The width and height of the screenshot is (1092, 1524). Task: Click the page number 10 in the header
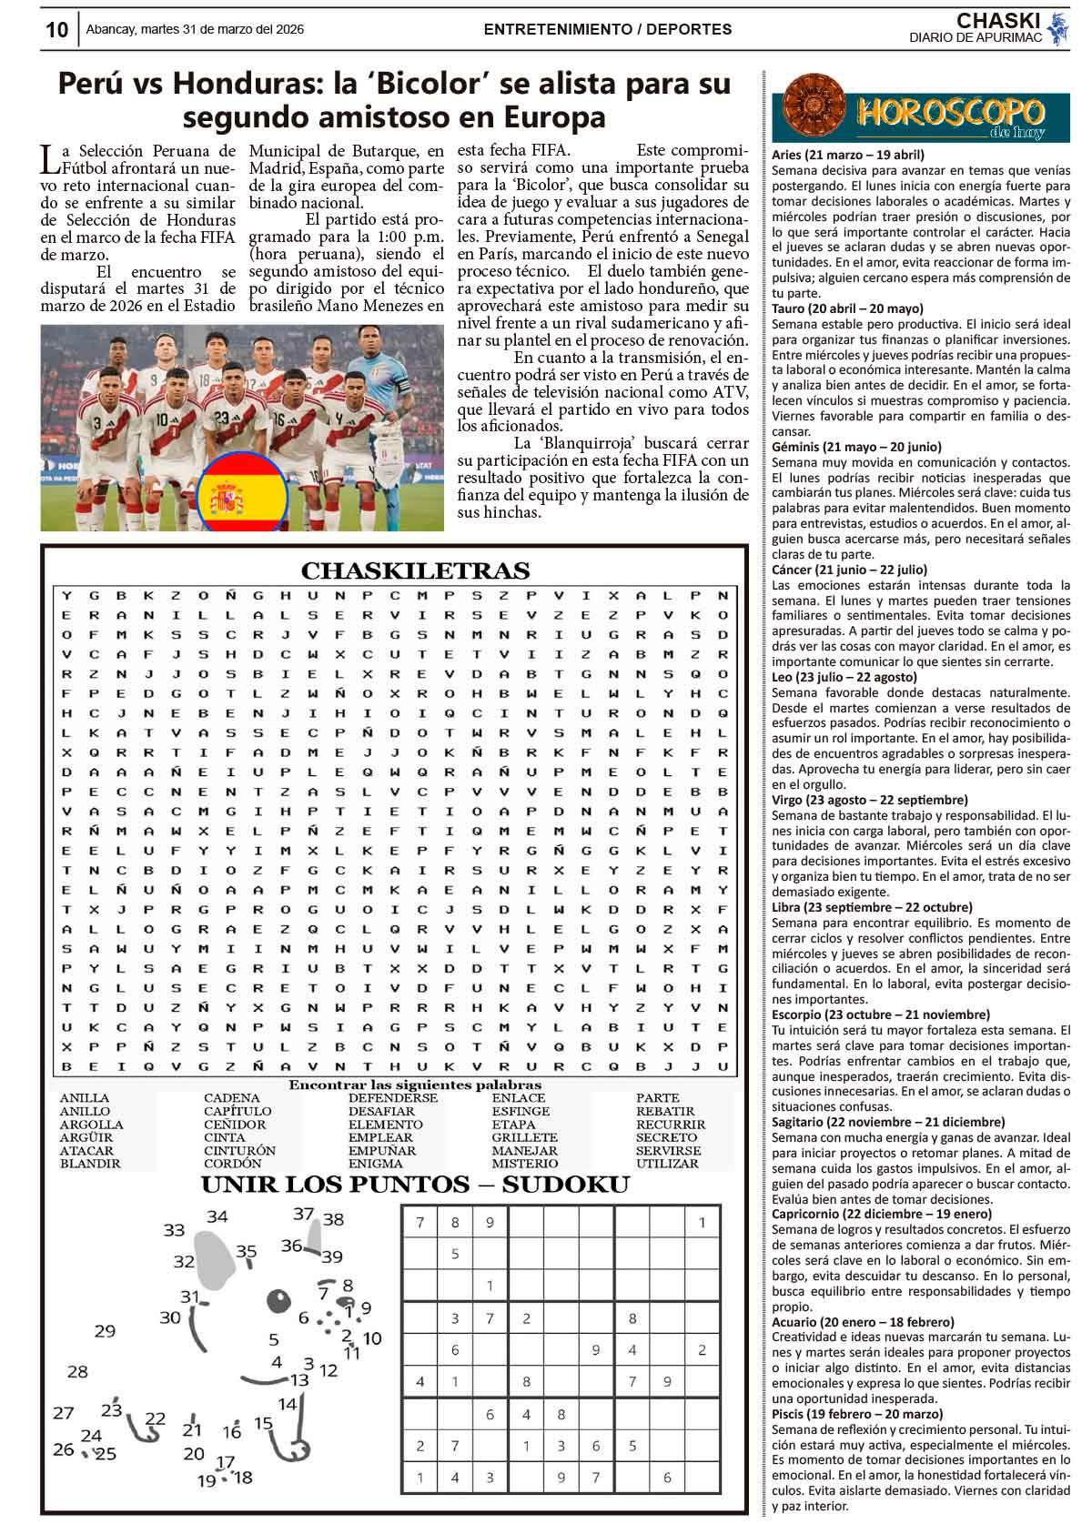point(56,30)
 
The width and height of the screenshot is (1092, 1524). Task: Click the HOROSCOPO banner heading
point(949,114)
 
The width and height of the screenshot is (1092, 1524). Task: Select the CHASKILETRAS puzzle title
point(415,570)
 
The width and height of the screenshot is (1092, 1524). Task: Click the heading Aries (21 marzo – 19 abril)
point(847,155)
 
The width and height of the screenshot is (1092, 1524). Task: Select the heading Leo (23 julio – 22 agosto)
point(844,677)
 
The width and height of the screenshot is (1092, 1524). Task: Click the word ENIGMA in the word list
point(375,1163)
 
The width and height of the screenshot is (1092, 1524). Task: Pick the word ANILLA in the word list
point(84,1098)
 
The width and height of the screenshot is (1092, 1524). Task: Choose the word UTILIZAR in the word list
point(668,1163)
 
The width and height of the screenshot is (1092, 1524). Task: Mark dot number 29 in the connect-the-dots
point(105,1331)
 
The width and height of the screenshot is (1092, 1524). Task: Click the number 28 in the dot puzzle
point(77,1371)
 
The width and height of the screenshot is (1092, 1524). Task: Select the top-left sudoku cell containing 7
point(420,1222)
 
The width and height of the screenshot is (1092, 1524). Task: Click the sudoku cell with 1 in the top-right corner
point(702,1222)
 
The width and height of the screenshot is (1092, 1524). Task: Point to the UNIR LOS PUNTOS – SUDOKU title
point(415,1185)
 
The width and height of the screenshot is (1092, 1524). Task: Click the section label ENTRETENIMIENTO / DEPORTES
point(608,29)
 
